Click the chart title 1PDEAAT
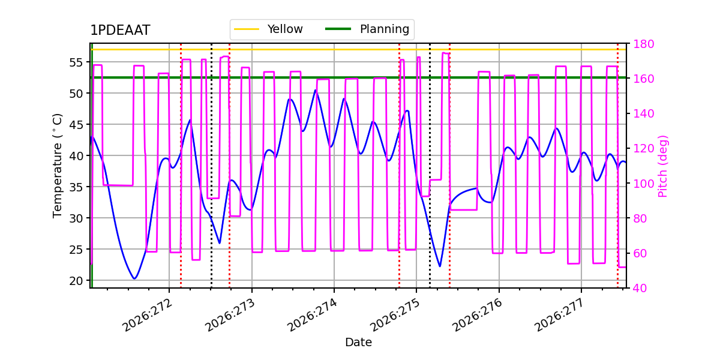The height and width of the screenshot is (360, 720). [x=120, y=30]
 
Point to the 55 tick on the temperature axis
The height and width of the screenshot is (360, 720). [x=76, y=62]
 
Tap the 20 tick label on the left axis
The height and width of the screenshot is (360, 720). [x=76, y=281]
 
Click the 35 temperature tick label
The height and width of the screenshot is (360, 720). [x=76, y=187]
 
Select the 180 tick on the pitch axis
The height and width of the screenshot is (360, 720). [x=643, y=44]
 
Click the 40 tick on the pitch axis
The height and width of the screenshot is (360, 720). [x=640, y=289]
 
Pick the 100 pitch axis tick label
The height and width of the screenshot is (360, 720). [x=643, y=184]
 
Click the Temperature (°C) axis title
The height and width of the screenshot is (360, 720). [x=57, y=166]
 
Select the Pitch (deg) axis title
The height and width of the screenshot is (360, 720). [x=663, y=166]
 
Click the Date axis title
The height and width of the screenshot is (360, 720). [x=358, y=343]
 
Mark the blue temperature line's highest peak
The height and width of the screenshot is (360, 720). [x=316, y=91]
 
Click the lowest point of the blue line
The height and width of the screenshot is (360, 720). [x=134, y=278]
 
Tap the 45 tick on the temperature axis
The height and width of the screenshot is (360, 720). [x=76, y=125]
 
